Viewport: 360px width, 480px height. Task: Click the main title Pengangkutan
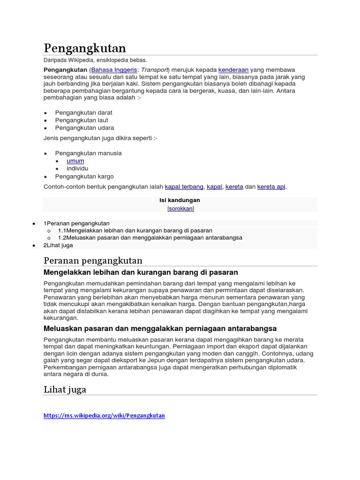pos(85,48)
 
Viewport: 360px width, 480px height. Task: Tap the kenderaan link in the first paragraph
pos(233,69)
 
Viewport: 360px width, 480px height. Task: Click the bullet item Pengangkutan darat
pos(84,112)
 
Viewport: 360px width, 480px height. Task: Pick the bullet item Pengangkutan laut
pos(82,120)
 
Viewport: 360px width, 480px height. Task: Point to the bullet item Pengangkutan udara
pos(84,127)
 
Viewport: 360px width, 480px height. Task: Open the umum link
pos(75,161)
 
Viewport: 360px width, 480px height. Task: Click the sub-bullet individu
pos(77,168)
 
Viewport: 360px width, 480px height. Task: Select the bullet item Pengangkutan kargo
pos(84,176)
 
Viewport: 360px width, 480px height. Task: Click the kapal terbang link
pos(184,187)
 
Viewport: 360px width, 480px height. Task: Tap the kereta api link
pos(271,187)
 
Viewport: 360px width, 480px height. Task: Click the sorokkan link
pos(180,209)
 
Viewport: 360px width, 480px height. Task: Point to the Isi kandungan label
pos(180,200)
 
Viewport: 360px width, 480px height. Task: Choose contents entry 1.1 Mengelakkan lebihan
pos(135,231)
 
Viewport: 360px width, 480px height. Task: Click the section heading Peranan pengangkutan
pos(93,261)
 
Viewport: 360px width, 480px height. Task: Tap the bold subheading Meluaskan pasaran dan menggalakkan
pos(160,328)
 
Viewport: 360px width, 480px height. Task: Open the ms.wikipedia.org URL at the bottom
pos(104,415)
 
